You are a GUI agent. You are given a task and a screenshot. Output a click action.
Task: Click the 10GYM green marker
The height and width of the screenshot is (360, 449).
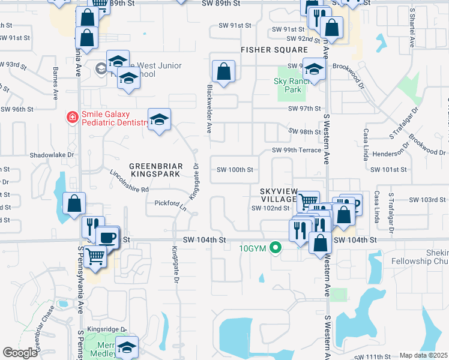(276, 247)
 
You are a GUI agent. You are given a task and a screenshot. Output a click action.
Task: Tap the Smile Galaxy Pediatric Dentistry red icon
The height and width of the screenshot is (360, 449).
(72, 117)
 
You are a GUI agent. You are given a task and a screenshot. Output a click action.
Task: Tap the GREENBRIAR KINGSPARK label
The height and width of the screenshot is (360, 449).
(155, 169)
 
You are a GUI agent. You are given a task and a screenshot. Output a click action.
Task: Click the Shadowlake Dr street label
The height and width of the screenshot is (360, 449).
(52, 154)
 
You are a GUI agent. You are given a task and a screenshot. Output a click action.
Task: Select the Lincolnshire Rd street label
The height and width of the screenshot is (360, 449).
(129, 181)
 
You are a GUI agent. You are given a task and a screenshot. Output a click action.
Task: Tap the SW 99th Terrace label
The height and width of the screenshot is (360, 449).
(297, 150)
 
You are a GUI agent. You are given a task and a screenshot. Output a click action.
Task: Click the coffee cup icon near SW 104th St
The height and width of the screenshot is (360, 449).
(107, 237)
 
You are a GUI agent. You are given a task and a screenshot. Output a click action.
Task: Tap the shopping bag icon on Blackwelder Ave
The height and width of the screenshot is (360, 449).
(223, 72)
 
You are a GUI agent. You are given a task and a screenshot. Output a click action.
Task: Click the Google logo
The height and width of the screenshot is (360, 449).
(20, 353)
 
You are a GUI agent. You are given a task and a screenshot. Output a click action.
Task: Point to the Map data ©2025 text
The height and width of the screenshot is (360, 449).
(423, 355)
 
